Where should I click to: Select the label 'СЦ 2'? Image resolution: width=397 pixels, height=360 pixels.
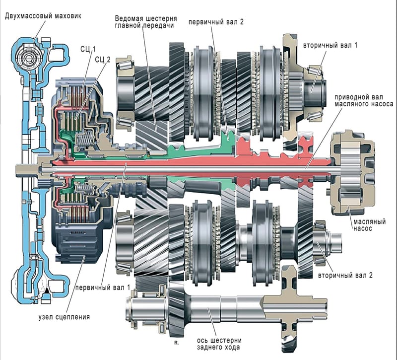pos(100,59)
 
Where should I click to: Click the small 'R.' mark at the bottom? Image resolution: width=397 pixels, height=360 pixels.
pos(176,343)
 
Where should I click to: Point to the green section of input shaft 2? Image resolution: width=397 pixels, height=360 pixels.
pos(198,149)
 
